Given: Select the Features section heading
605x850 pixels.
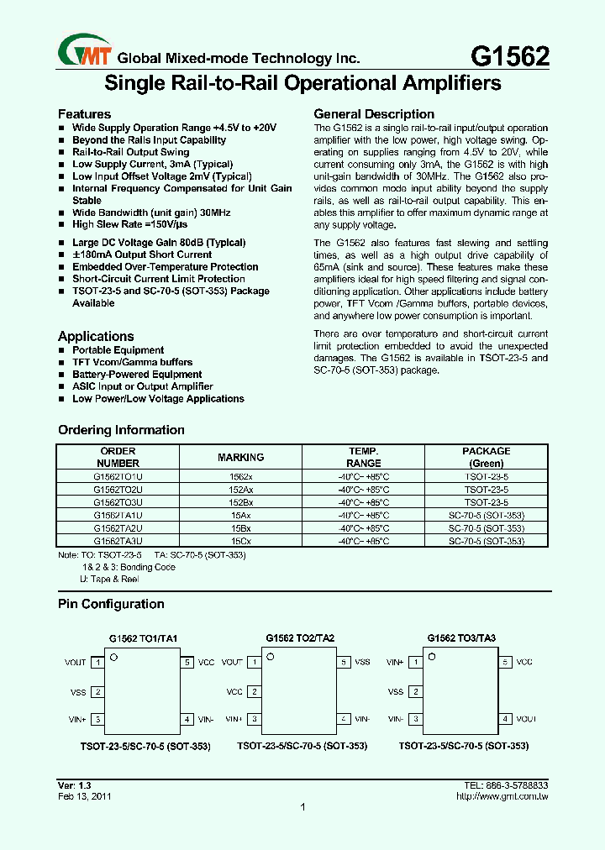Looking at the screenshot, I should pyautogui.click(x=84, y=114).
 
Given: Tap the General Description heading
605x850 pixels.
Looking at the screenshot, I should pyautogui.click(x=374, y=114).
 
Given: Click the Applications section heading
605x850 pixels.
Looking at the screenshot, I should pyautogui.click(x=96, y=336).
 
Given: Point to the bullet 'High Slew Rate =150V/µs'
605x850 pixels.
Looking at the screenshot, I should pyautogui.click(x=135, y=224).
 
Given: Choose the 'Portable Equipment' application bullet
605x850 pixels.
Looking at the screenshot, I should pyautogui.click(x=118, y=350).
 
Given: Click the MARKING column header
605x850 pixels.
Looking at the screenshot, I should pyautogui.click(x=240, y=457).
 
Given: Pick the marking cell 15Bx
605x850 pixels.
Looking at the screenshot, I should pyautogui.click(x=240, y=528).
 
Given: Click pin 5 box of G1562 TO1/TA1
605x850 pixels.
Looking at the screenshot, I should pyautogui.click(x=187, y=663).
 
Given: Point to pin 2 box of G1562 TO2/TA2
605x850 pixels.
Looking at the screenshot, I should pyautogui.click(x=254, y=692).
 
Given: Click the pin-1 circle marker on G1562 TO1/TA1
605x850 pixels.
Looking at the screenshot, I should pyautogui.click(x=114, y=657).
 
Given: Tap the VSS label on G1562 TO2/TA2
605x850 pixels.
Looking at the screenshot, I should pyautogui.click(x=362, y=662).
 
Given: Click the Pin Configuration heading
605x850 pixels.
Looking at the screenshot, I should pyautogui.click(x=111, y=604).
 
